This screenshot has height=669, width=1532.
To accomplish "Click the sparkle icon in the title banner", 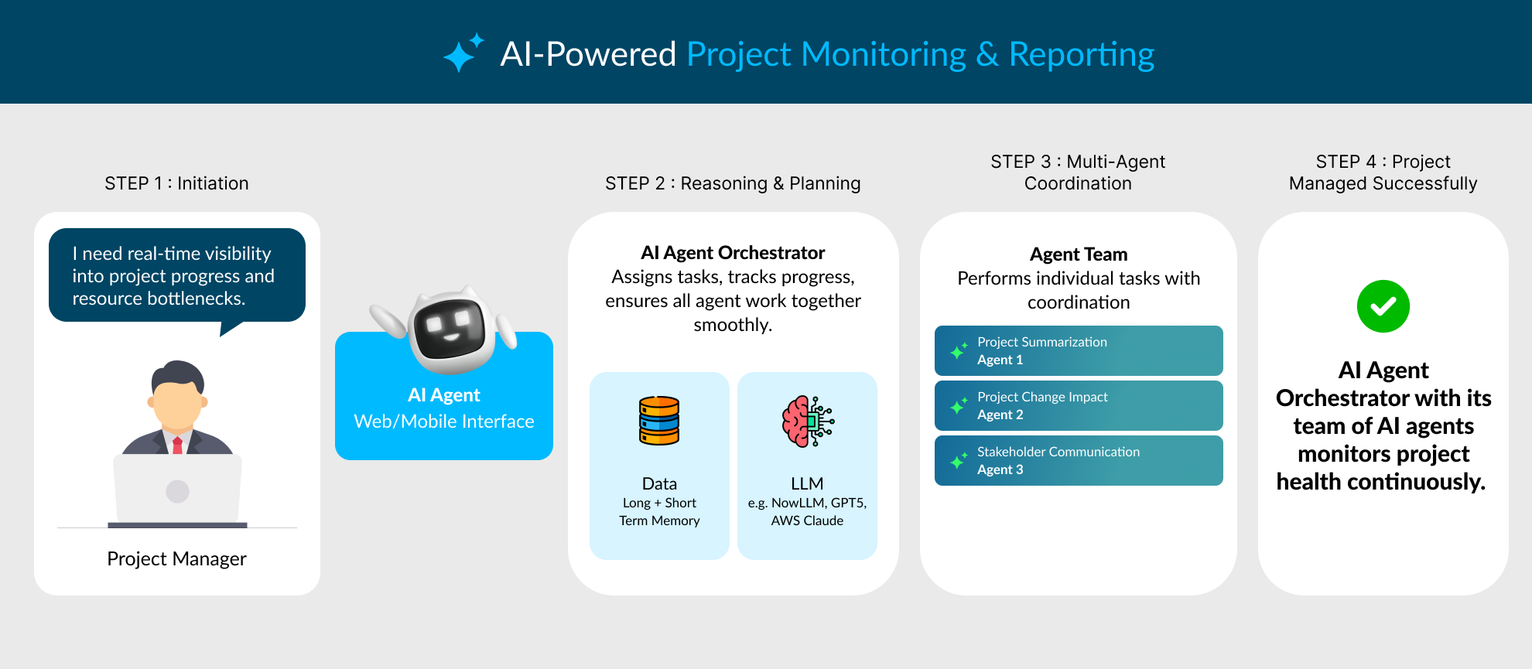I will [x=462, y=53].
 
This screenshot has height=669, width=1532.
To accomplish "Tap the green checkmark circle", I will [x=1383, y=306].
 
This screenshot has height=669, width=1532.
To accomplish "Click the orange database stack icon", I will [x=659, y=421].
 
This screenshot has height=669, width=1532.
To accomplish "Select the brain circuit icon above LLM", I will [x=807, y=422].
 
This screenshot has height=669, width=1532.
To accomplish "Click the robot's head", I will [x=451, y=328].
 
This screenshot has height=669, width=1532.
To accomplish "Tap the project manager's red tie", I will [x=177, y=445].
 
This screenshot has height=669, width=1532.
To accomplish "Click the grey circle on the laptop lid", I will [x=177, y=491].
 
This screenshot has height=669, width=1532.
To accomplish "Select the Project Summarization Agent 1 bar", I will [x=1078, y=351].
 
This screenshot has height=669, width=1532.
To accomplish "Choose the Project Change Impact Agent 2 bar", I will [x=1078, y=406].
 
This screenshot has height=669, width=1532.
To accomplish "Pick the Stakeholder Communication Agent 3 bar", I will [x=1078, y=461].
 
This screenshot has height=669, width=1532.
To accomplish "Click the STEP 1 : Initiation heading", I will [x=176, y=183].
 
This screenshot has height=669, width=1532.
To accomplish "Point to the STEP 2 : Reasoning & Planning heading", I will [x=732, y=183].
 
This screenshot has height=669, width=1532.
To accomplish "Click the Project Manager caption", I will [x=176, y=558].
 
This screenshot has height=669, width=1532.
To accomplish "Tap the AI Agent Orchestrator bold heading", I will [x=732, y=253].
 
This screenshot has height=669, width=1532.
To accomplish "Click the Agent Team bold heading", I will [x=1078, y=254].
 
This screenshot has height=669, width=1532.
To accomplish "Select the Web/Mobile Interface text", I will [x=443, y=422].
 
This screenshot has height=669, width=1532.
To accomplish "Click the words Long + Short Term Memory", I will [x=659, y=512].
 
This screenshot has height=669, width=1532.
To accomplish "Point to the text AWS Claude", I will [x=807, y=521].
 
